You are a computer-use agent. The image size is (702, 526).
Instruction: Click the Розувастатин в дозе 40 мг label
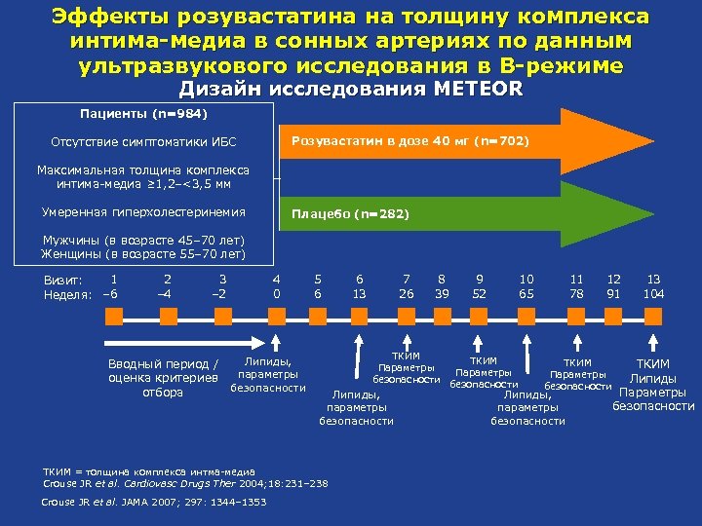409,141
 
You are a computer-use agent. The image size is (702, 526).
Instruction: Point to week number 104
653,293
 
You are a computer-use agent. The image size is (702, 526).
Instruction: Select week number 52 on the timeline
480,293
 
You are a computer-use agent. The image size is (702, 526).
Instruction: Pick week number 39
442,293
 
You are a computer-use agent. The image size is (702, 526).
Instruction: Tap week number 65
526,293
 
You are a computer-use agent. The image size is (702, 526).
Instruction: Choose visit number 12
614,279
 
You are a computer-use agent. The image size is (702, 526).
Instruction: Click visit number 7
406,279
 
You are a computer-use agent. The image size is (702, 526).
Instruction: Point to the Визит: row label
62,280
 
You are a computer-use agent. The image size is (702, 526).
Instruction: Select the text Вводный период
162,364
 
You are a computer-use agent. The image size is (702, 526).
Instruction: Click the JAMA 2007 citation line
153,502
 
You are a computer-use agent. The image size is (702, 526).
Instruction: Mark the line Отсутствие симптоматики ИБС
143,142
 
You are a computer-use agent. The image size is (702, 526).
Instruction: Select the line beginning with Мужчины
142,241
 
